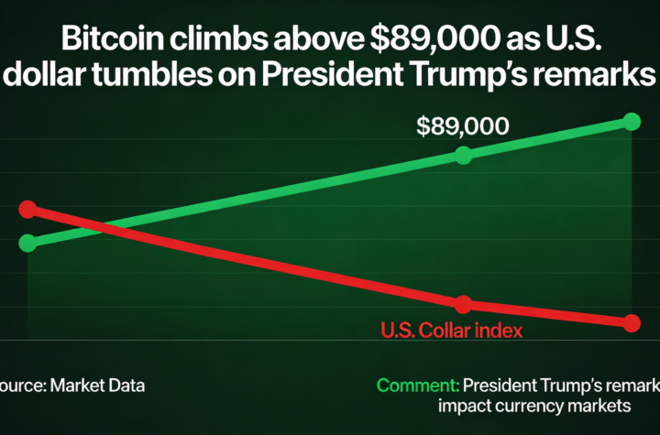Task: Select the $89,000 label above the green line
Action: (x=462, y=126)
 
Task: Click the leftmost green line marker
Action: (x=27, y=243)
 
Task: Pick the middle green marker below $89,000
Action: (x=463, y=155)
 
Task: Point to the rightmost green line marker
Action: (x=631, y=121)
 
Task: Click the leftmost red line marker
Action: (x=27, y=210)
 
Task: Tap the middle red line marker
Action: (x=463, y=304)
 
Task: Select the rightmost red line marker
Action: (x=631, y=322)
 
